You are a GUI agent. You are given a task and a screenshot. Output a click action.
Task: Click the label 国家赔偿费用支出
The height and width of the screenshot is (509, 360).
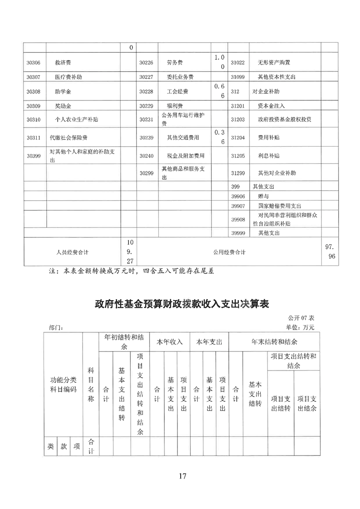point(280,205)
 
